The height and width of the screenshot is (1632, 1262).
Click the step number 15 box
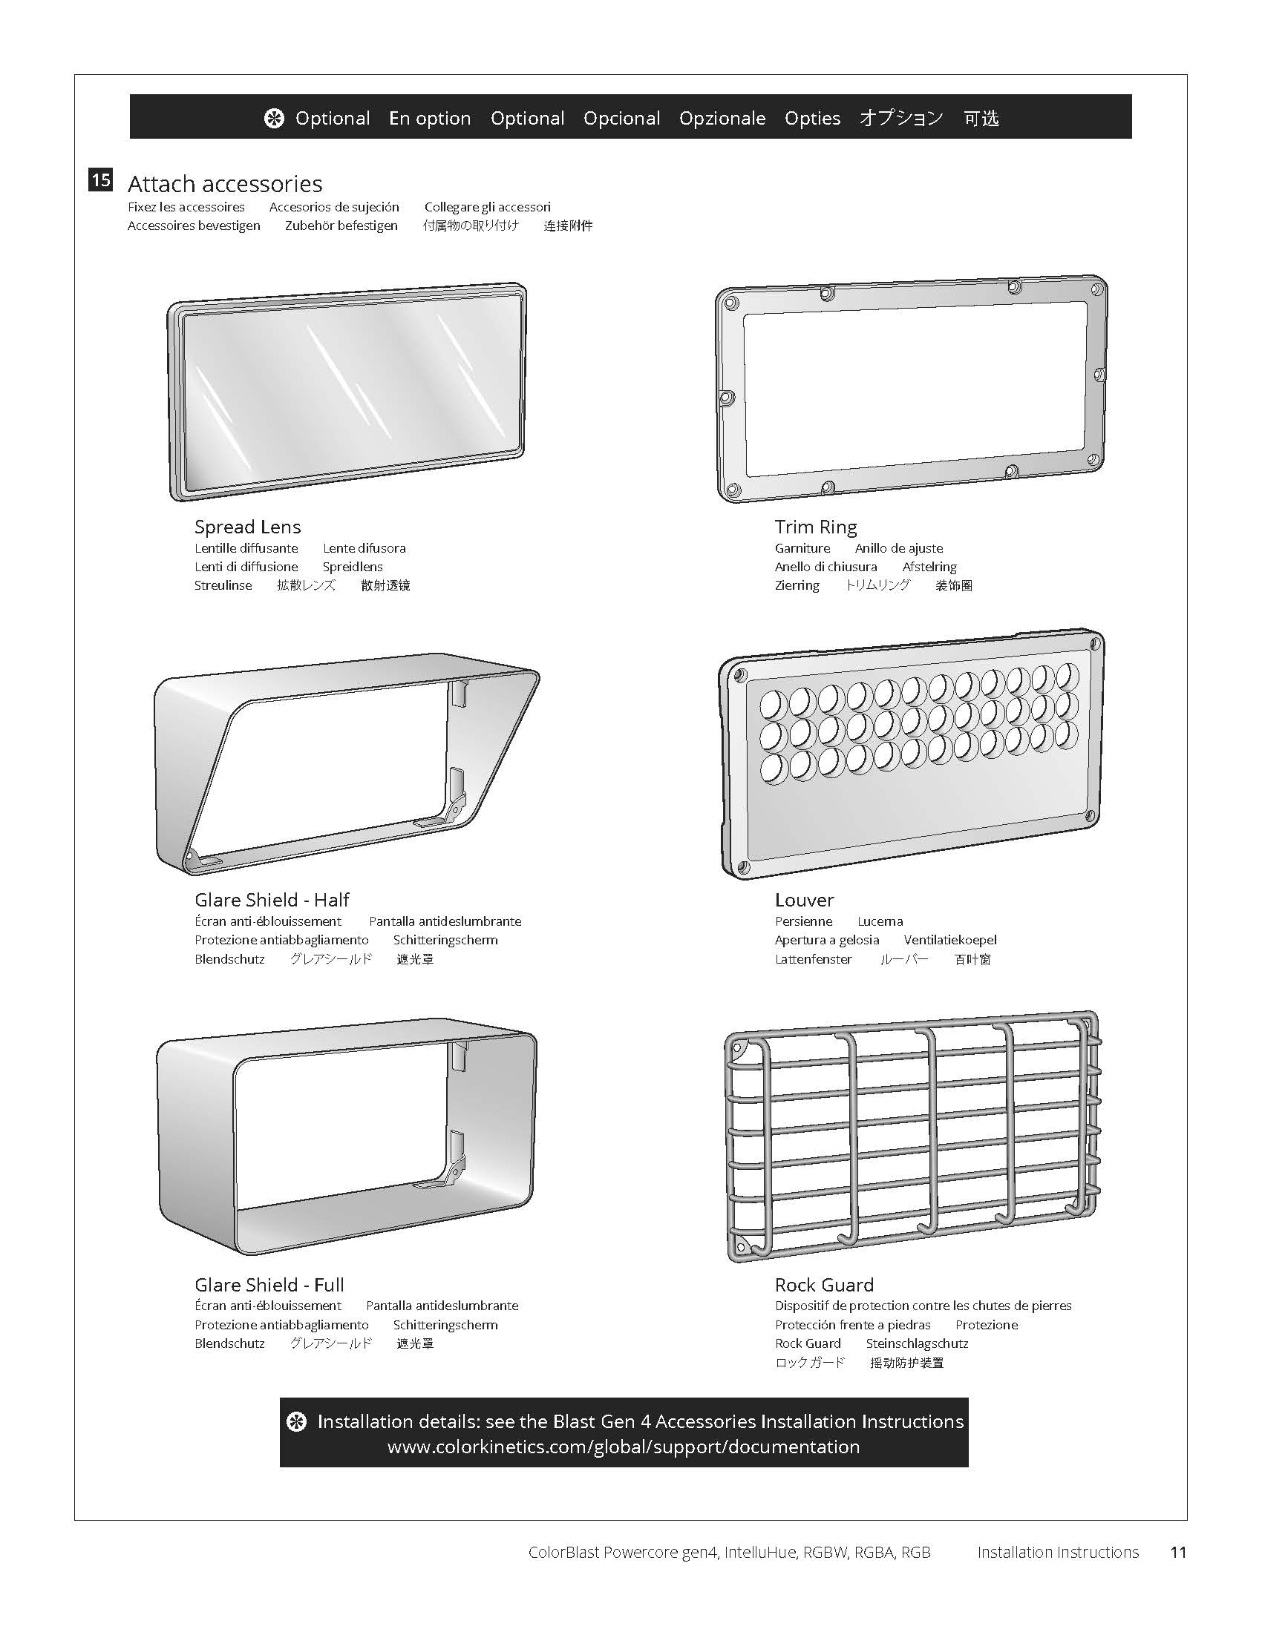tap(101, 180)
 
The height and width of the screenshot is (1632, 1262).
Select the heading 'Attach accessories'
tap(225, 184)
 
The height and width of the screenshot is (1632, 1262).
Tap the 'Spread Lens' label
tap(247, 527)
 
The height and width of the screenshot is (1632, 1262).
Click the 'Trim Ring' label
tap(816, 527)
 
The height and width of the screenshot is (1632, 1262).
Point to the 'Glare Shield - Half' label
tap(272, 900)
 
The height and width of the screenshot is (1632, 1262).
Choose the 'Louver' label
tap(805, 900)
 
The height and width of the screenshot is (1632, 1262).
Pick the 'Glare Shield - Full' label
tap(269, 1285)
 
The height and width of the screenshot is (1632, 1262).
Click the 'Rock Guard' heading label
tap(824, 1285)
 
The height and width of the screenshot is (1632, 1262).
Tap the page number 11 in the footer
tap(1178, 1552)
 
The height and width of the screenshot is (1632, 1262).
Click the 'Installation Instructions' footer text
tap(1058, 1552)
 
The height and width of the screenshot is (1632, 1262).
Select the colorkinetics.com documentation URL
tap(624, 1447)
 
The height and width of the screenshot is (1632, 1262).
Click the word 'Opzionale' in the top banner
tap(722, 118)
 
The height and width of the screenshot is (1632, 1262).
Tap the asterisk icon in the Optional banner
tap(275, 118)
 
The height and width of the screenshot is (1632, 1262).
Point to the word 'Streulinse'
tap(223, 585)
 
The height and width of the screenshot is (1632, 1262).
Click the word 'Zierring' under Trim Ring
tap(797, 585)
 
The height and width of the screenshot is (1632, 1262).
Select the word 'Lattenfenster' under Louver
tap(814, 958)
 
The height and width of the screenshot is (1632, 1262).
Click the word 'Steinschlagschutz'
tap(917, 1343)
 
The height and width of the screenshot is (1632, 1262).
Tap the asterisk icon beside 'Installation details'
tap(297, 1421)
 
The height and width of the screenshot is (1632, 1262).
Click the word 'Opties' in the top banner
tap(813, 118)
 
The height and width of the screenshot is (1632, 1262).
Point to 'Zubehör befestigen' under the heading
tap(341, 226)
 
